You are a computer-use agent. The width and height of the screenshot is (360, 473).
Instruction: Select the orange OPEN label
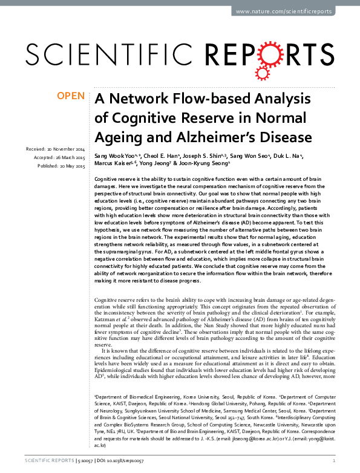tap(70, 96)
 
